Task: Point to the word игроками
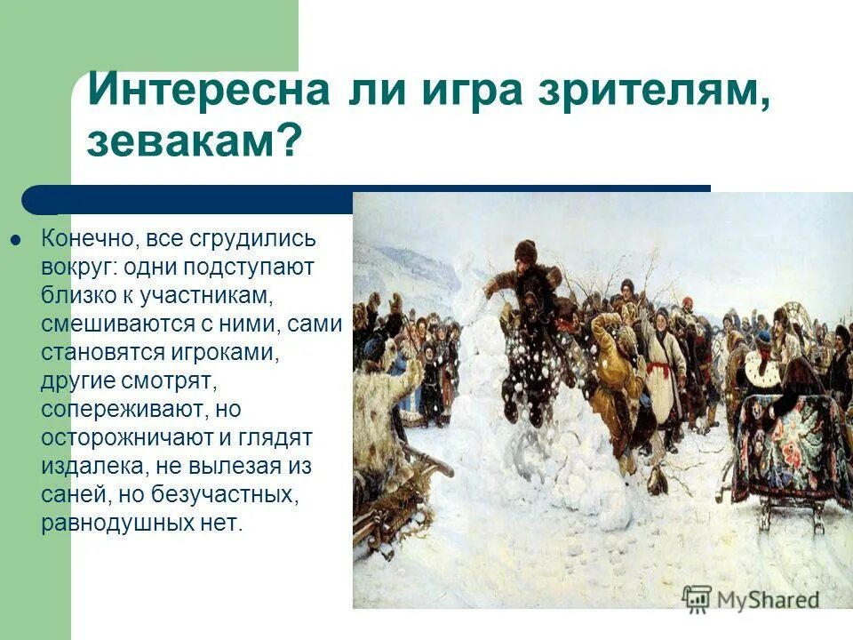219,353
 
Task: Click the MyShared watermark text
769,599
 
